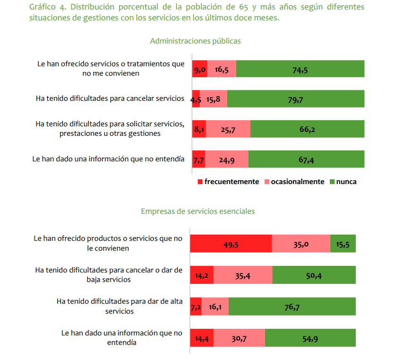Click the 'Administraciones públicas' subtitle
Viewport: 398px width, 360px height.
pyautogui.click(x=195, y=41)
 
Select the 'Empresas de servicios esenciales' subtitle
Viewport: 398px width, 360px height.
pyautogui.click(x=198, y=211)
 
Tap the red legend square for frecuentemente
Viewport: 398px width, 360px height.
pyautogui.click(x=200, y=182)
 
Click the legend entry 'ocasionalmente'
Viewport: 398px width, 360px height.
pyautogui.click(x=297, y=182)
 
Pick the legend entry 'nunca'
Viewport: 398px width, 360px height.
pyautogui.click(x=346, y=182)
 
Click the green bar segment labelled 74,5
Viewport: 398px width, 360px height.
pyautogui.click(x=300, y=69)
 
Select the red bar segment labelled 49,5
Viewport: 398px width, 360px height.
pyautogui.click(x=231, y=244)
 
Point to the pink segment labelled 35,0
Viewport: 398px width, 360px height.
pyautogui.click(x=301, y=244)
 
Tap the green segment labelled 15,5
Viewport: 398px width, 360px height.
pyautogui.click(x=343, y=244)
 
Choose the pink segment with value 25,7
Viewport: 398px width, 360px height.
pyautogui.click(x=228, y=129)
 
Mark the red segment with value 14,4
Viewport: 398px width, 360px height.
pyautogui.click(x=202, y=339)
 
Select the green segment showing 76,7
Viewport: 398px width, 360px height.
pyautogui.click(x=292, y=307)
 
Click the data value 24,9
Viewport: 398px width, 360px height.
pyautogui.click(x=227, y=160)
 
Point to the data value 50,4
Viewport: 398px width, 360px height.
pyautogui.click(x=314, y=275)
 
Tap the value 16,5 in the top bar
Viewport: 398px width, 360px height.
pyautogui.click(x=221, y=69)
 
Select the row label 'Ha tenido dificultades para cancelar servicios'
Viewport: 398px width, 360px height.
pyautogui.click(x=110, y=99)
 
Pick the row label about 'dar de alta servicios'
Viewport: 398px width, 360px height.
pyautogui.click(x=119, y=306)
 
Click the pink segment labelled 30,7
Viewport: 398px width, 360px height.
pyautogui.click(x=239, y=339)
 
